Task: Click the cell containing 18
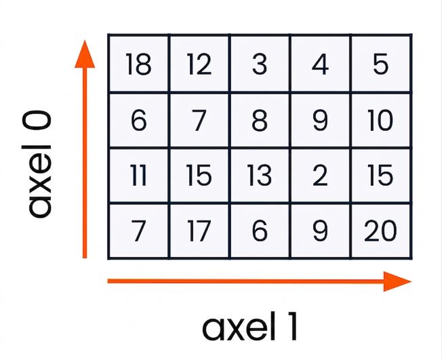(139, 64)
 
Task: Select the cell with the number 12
(199, 64)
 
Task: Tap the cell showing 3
(260, 64)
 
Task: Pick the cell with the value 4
(320, 64)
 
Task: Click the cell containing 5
(381, 64)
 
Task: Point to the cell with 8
(260, 120)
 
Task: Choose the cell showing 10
(381, 120)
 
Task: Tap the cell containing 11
(139, 175)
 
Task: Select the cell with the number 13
(260, 175)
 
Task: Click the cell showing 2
(320, 175)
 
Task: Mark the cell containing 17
(199, 231)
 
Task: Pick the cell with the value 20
(381, 231)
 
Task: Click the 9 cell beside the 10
(320, 120)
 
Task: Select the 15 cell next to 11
(199, 175)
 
